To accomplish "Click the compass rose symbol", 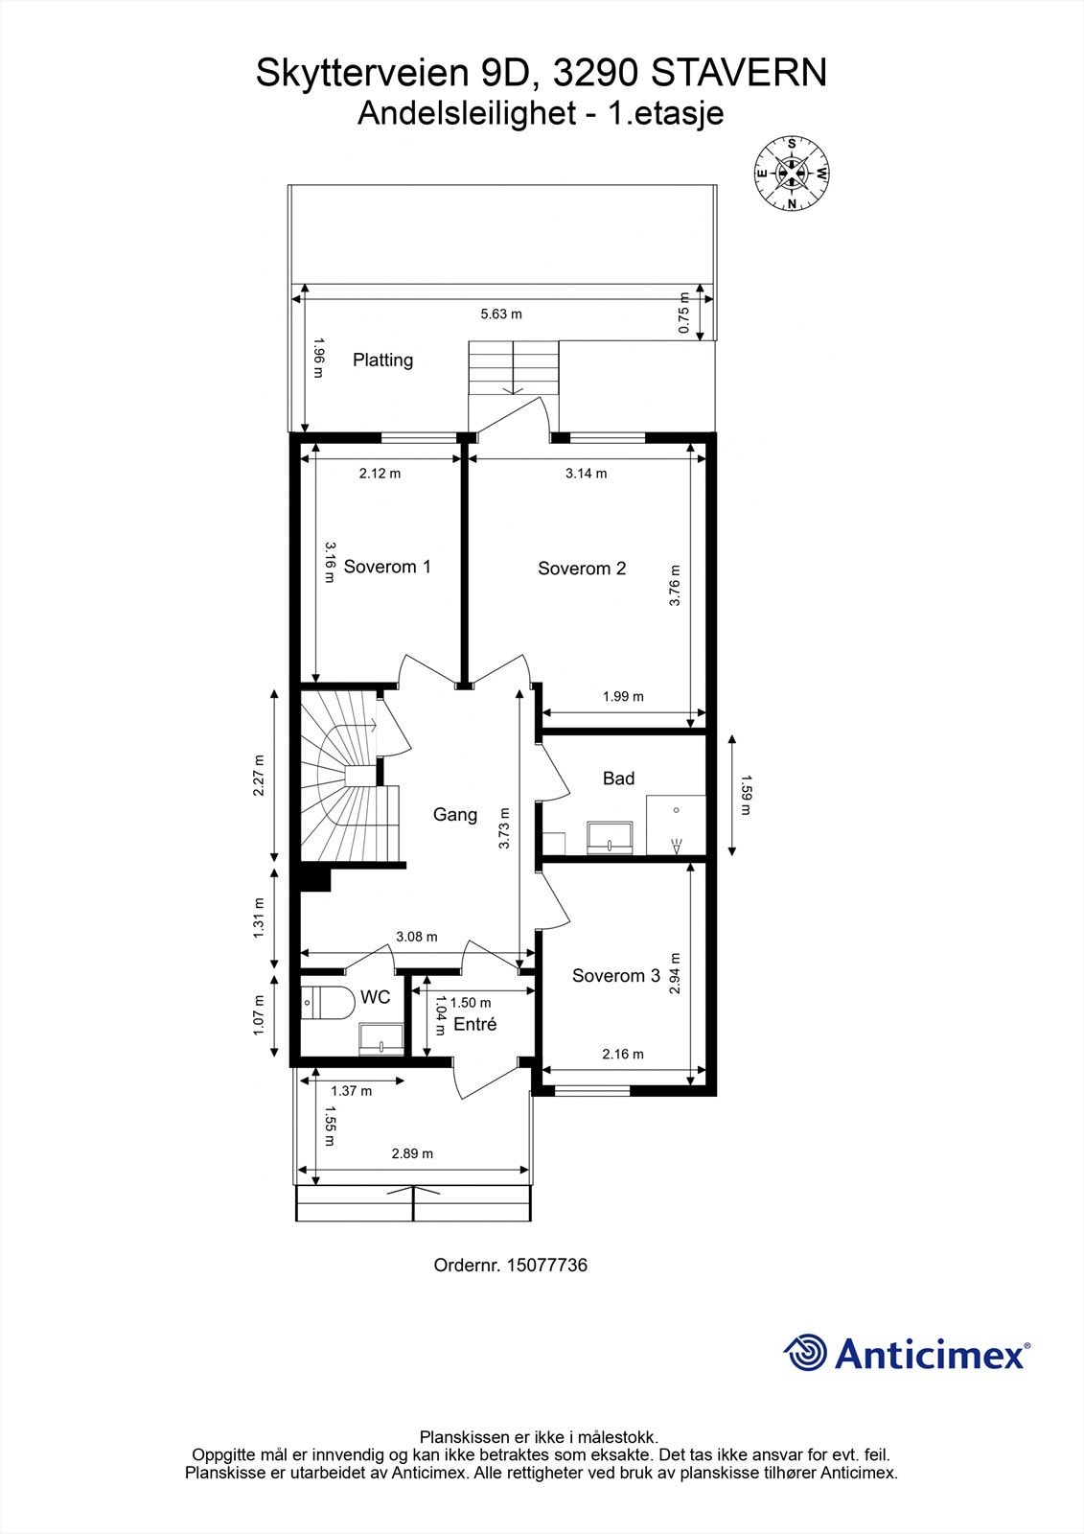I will (x=792, y=174).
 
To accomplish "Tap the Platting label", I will (x=382, y=360).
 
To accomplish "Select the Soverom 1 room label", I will (x=387, y=567).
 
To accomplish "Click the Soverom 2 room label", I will (x=582, y=569).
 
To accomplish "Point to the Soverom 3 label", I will (x=615, y=976).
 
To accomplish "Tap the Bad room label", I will (x=618, y=779).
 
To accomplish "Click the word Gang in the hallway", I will (x=454, y=815).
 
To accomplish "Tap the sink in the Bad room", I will (x=610, y=836).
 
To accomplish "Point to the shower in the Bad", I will (x=676, y=825).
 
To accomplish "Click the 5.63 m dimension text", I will (x=500, y=314).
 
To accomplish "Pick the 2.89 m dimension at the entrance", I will (x=412, y=1153).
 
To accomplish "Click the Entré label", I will (x=474, y=1025).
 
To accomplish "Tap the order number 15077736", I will (x=545, y=1266).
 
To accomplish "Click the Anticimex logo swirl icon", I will (x=806, y=1353).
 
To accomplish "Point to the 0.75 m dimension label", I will (x=683, y=313).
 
